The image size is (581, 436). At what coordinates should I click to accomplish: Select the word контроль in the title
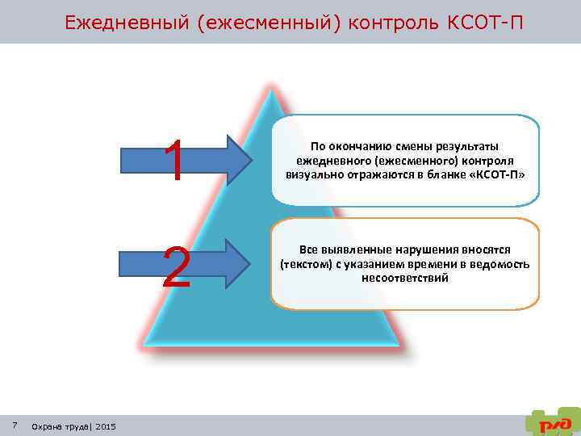click(392, 22)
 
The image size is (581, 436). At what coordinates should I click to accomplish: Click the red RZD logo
click(555, 421)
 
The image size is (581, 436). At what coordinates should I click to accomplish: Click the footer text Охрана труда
click(60, 426)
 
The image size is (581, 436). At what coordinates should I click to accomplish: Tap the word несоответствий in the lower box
click(405, 278)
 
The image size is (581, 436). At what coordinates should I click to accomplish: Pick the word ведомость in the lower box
click(501, 265)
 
